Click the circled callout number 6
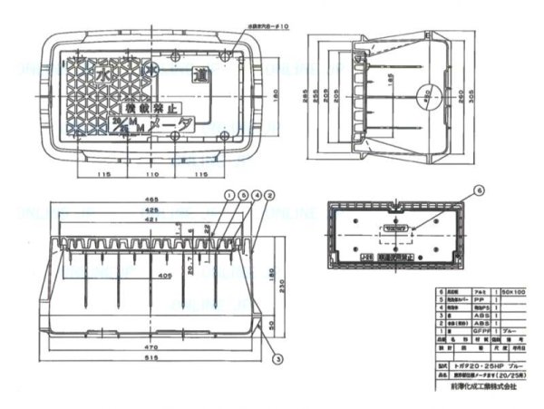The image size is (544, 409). (x=481, y=190)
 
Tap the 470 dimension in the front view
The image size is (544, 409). (x=151, y=345)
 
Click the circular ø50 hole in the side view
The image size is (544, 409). (x=425, y=97)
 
